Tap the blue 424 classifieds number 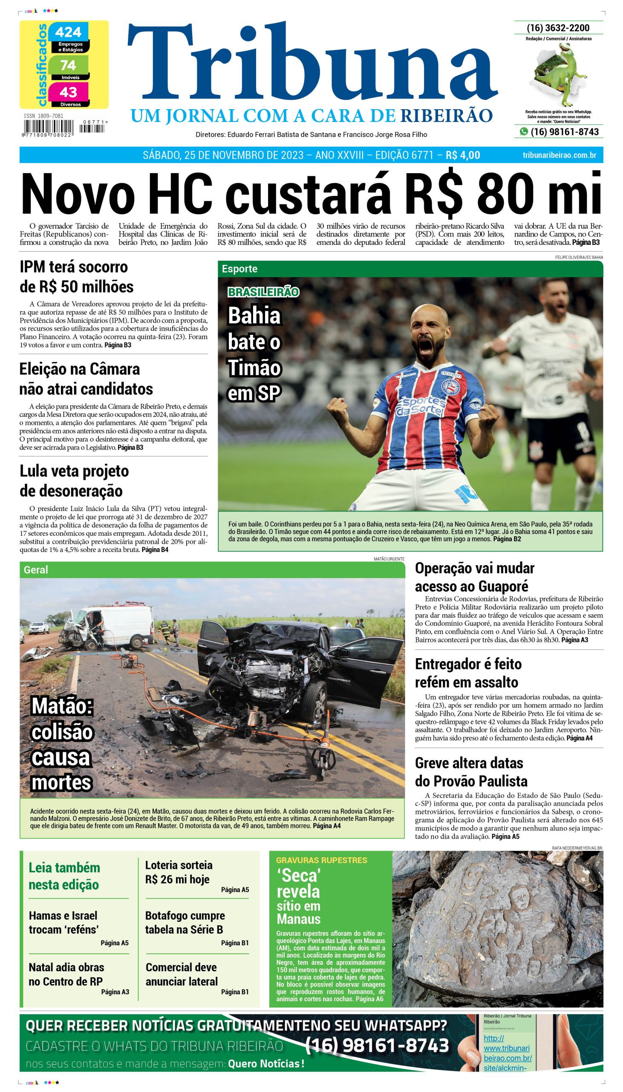point(69,32)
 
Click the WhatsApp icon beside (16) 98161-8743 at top point(524,132)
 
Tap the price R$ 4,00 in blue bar point(462,155)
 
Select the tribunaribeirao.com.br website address point(559,155)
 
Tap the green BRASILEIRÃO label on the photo point(263,292)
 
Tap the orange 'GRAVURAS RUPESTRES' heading point(321,860)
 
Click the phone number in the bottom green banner point(377,1046)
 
